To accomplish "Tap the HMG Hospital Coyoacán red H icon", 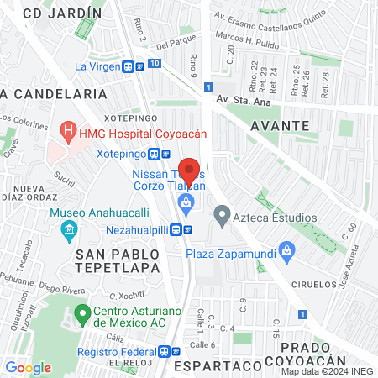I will point(67,131).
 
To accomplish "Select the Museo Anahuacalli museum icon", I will point(69,228).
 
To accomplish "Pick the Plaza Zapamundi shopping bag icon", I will point(288,249).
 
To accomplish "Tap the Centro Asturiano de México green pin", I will point(82,317).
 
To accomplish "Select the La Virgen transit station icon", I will point(134,66).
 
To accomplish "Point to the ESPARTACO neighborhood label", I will point(213,366).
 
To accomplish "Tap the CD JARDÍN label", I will point(62,13).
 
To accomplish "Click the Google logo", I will point(28,367).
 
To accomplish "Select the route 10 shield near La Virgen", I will point(154,63).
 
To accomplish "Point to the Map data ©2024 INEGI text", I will point(328,371).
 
